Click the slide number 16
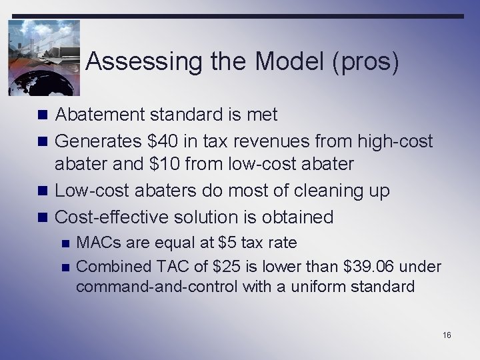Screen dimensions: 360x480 point(446,334)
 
